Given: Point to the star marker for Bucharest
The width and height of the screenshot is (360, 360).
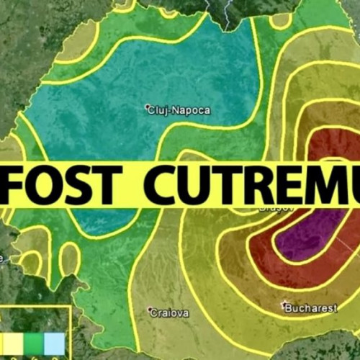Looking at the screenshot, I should (x=284, y=305).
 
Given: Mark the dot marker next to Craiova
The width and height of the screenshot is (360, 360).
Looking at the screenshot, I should (x=150, y=311).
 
